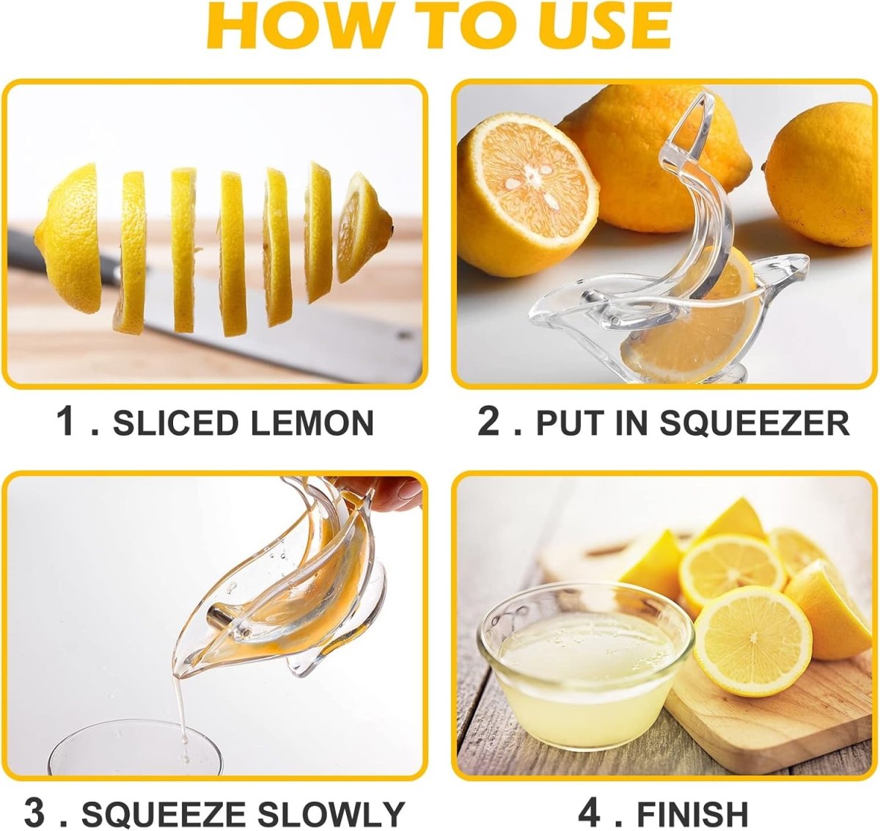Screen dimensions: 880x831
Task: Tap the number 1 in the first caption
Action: point(66,422)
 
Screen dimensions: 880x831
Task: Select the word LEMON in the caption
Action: point(313,422)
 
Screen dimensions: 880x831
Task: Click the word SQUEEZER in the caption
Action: point(754,422)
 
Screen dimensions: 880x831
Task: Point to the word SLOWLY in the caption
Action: point(331,813)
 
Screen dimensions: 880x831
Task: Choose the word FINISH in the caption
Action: point(692,813)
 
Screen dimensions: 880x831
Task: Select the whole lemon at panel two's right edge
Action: point(820,175)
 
